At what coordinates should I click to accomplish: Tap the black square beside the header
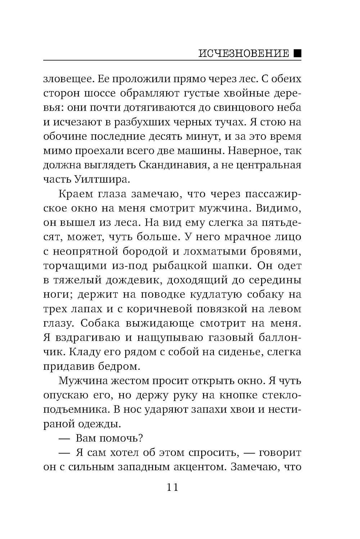(x=297, y=53)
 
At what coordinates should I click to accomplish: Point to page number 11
(x=172, y=488)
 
